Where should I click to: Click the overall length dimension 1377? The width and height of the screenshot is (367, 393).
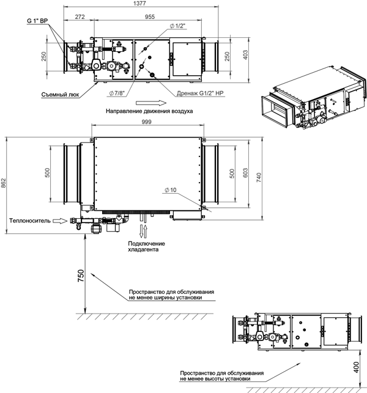[139, 3]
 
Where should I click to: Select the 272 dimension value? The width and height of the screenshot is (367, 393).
[80, 17]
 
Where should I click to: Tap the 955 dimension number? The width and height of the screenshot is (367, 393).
[150, 17]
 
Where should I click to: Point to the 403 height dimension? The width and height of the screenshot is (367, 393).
[245, 54]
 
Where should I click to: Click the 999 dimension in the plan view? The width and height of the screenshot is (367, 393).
[147, 122]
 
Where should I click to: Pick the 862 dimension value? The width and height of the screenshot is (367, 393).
[3, 183]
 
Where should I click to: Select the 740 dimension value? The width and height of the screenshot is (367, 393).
[259, 177]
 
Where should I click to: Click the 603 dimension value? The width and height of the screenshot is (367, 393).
[245, 173]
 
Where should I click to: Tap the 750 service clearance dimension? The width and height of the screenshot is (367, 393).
[81, 276]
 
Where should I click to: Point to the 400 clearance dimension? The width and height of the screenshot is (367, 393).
[356, 367]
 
